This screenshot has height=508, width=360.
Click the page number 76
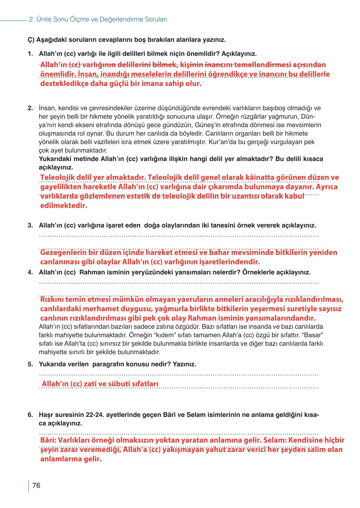36,485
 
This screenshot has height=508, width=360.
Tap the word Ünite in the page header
44,20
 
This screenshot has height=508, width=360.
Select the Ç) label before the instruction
31,40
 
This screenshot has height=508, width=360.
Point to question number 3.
30,225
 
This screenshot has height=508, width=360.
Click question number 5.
30,364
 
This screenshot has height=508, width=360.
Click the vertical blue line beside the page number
29,486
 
